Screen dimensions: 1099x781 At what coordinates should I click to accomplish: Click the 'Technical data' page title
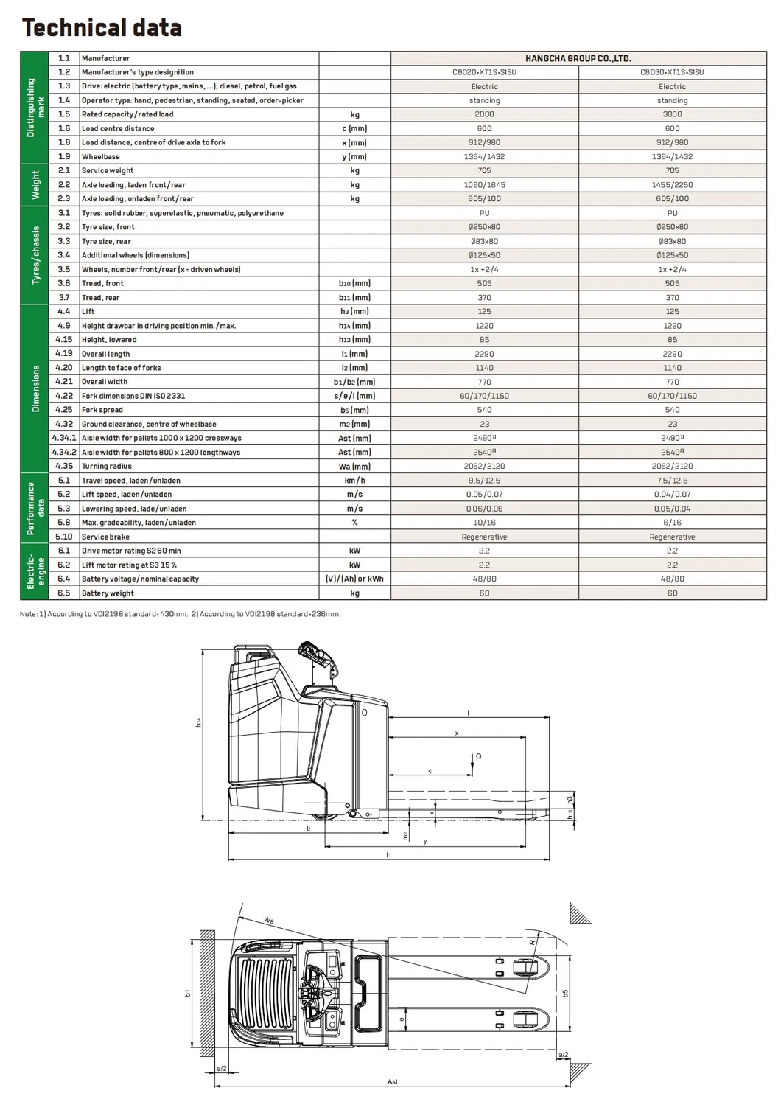click(x=102, y=28)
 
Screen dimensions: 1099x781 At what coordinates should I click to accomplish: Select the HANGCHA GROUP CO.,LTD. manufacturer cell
click(x=578, y=58)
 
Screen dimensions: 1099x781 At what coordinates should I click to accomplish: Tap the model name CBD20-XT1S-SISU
click(x=484, y=72)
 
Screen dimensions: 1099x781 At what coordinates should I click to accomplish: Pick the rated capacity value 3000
click(x=672, y=114)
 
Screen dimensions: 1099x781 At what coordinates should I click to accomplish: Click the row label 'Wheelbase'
click(x=101, y=157)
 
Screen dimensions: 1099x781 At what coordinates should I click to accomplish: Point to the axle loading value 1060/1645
click(x=484, y=185)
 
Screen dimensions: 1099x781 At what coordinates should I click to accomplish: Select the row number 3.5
click(x=64, y=269)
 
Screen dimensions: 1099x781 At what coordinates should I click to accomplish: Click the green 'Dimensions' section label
click(x=35, y=388)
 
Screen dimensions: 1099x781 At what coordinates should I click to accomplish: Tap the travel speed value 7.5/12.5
click(x=672, y=481)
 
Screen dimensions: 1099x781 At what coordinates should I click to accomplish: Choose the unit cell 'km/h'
click(x=354, y=481)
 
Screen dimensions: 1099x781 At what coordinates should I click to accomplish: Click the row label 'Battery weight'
click(x=108, y=593)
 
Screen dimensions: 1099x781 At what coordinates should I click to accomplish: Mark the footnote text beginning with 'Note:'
click(x=180, y=614)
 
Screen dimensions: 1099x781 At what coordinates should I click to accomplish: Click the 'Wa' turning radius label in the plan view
click(x=269, y=921)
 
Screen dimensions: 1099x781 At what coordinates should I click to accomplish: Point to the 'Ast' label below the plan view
click(x=392, y=1082)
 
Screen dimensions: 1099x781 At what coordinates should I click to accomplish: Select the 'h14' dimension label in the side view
click(x=198, y=722)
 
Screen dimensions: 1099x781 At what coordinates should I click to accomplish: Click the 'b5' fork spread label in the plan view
click(x=565, y=993)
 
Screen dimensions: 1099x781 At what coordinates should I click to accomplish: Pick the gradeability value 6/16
click(x=672, y=523)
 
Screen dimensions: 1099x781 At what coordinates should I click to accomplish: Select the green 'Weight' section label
click(x=35, y=185)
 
